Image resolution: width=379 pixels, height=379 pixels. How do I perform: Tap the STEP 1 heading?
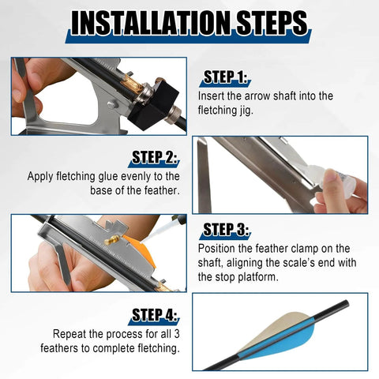(x=225, y=77)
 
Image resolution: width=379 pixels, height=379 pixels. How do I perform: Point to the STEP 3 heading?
(x=225, y=230)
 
